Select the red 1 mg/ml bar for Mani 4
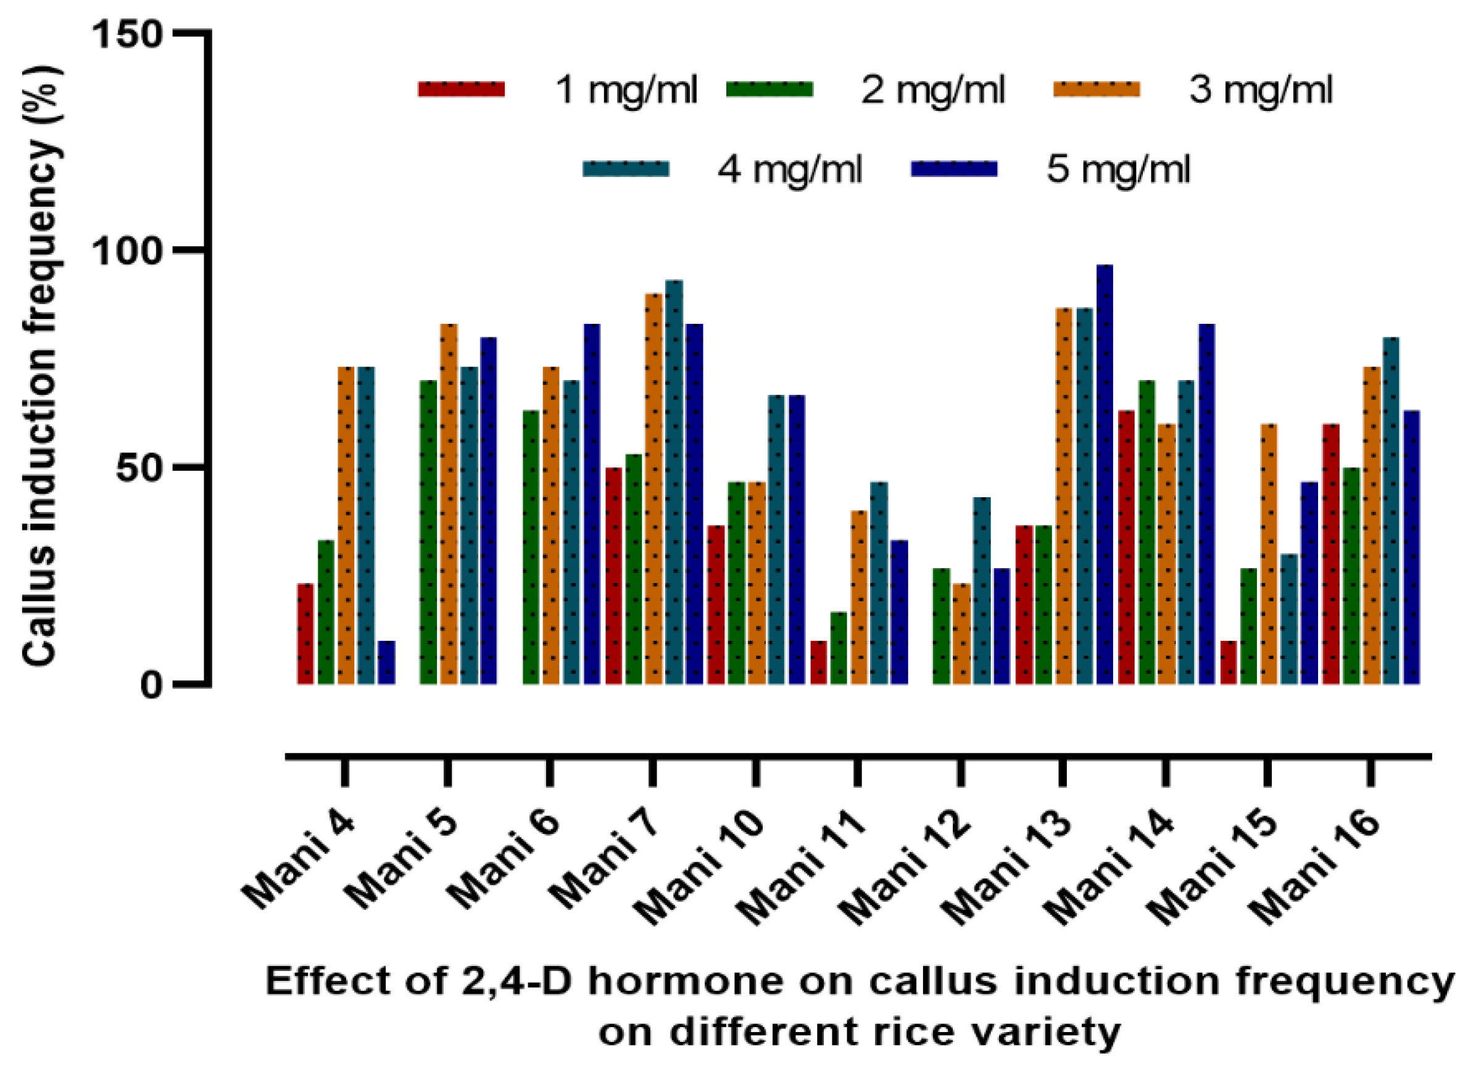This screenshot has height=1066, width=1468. click(305, 634)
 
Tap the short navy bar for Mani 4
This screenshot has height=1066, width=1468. click(387, 663)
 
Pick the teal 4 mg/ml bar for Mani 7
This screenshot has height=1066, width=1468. click(674, 482)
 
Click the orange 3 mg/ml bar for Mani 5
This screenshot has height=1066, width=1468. click(449, 504)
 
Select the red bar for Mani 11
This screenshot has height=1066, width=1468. click(819, 663)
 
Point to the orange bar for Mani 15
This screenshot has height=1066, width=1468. click(1269, 554)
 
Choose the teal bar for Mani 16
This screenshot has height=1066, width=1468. click(1391, 511)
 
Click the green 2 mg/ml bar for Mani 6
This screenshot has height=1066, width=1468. click(531, 548)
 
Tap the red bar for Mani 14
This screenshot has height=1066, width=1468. click(1126, 548)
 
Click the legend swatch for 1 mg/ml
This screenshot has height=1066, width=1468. click(462, 89)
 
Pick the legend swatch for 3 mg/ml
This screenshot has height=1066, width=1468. click(1097, 89)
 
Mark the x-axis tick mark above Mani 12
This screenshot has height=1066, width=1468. click(961, 772)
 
